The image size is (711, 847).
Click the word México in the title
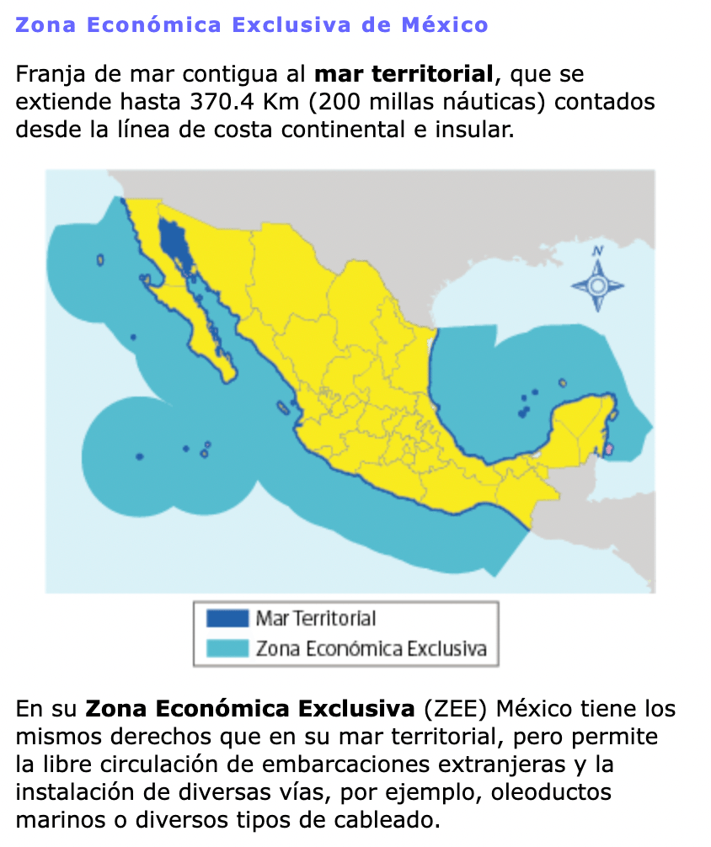coord(445,24)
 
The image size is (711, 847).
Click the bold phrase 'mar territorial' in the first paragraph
coord(403,74)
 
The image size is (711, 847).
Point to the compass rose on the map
coord(597,284)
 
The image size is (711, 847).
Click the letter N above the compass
coord(598,250)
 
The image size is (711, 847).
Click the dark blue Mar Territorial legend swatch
coord(227,619)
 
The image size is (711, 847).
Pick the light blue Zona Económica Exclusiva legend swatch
coord(227,648)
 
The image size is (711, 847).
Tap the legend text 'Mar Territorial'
coord(316,619)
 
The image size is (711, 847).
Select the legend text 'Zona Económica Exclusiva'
coord(371,648)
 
